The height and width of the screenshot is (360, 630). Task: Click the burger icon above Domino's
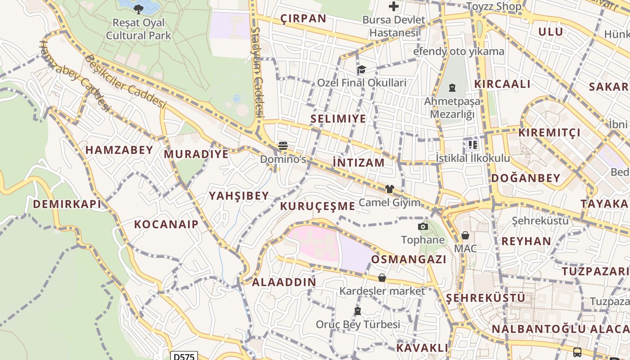(283, 145)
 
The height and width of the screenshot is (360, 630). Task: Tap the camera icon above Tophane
(423, 226)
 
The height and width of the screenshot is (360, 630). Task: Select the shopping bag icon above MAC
(465, 235)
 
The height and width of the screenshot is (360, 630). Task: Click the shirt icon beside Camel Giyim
(389, 189)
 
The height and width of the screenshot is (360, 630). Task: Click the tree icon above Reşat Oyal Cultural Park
(139, 9)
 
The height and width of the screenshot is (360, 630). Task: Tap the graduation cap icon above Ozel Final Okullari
(361, 69)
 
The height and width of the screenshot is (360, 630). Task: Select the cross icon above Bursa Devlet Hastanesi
(394, 6)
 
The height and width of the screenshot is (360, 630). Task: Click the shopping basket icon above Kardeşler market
(382, 278)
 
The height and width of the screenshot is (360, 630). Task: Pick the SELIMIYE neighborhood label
(338, 119)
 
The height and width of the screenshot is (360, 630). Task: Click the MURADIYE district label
(196, 154)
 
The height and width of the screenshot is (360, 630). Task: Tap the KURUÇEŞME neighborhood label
(318, 206)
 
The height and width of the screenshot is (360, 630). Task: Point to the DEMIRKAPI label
(67, 204)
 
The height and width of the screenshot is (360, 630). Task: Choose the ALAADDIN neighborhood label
(284, 282)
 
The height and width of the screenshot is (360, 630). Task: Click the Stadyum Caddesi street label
(256, 72)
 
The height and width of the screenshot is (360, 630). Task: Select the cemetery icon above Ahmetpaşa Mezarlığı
(452, 88)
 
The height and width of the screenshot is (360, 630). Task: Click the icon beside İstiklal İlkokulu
(472, 145)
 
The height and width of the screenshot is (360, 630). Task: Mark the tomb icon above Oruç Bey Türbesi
(358, 311)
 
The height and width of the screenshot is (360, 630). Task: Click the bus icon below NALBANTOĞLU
(577, 352)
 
